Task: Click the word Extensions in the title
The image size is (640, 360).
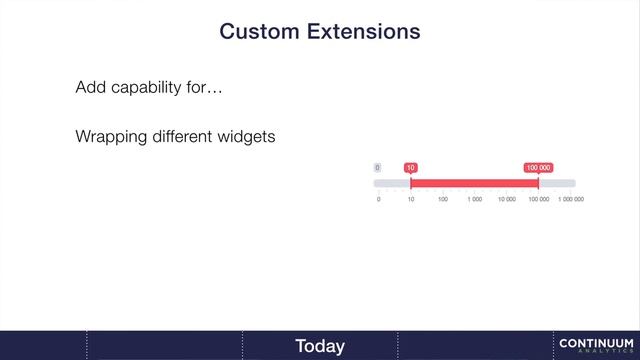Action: pos(363,32)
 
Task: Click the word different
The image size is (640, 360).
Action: pos(183,136)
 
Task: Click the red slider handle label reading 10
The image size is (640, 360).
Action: pos(410,168)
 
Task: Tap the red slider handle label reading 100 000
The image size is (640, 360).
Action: pos(538,168)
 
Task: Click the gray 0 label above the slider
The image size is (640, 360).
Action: pos(378,168)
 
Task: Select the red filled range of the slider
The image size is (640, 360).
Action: pos(474,183)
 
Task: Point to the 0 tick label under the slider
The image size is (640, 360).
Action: pos(378,199)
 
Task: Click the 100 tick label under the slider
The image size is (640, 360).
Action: pos(442,199)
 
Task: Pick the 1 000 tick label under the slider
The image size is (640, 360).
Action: pos(474,199)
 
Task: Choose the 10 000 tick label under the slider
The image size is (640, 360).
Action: pos(506,199)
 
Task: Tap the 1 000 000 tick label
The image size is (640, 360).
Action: pos(571,199)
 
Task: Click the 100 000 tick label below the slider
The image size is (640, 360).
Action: pos(538,199)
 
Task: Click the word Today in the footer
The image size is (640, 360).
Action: pos(320,346)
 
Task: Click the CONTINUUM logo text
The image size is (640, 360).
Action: pos(597,343)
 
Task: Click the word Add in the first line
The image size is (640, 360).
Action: pos(90,88)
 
